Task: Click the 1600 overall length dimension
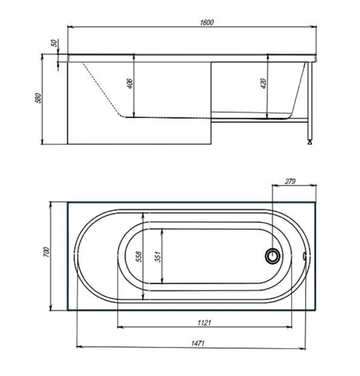coord(207,23)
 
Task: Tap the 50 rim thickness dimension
coord(55,43)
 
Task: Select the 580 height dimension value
coord(39,98)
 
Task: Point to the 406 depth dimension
coord(130,83)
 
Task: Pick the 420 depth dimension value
coord(264,83)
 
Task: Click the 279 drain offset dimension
coord(290,181)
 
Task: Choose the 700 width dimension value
coord(47,252)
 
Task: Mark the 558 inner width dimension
coord(139,257)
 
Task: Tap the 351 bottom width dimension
coord(158,257)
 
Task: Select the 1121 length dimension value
coord(204,323)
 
